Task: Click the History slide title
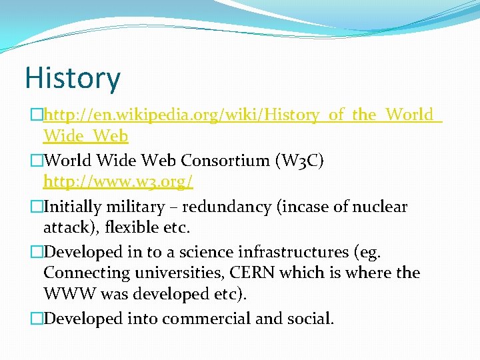click(73, 78)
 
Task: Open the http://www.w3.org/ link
click(118, 182)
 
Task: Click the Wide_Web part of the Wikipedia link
click(85, 137)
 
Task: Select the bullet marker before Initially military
click(37, 207)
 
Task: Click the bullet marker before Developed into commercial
click(37, 319)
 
